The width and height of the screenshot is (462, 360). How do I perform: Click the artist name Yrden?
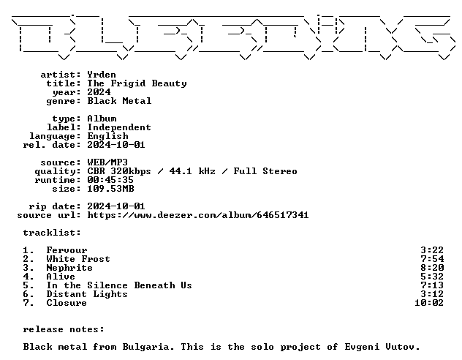pyautogui.click(x=102, y=75)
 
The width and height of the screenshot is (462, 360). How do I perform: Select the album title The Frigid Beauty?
pyautogui.click(x=137, y=83)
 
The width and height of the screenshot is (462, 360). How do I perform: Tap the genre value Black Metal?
pyautogui.click(x=119, y=101)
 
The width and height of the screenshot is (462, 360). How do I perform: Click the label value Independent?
pyautogui.click(x=119, y=127)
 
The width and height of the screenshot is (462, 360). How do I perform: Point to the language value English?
pyautogui.click(x=108, y=136)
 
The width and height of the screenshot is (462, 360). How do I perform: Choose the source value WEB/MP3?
pyautogui.click(x=107, y=162)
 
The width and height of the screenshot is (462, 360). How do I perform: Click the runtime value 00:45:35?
pyautogui.click(x=110, y=180)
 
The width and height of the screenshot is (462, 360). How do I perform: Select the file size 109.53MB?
pyautogui.click(x=110, y=189)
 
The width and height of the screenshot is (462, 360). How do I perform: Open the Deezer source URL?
pyautogui.click(x=198, y=215)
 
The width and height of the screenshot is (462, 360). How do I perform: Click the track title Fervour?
pyautogui.click(x=67, y=250)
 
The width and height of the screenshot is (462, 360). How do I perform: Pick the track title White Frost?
pyautogui.click(x=78, y=259)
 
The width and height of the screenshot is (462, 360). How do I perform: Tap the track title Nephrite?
pyautogui.click(x=69, y=268)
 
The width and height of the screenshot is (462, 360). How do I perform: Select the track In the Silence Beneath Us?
pyautogui.click(x=119, y=285)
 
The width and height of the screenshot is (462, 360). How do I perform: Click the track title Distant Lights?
pyautogui.click(x=87, y=294)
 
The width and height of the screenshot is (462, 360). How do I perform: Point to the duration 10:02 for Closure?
pyautogui.click(x=429, y=303)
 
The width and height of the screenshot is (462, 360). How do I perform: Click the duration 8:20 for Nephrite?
pyautogui.click(x=432, y=268)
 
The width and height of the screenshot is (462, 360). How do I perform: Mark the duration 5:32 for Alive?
pyautogui.click(x=432, y=277)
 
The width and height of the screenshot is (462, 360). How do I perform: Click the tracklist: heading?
pyautogui.click(x=52, y=233)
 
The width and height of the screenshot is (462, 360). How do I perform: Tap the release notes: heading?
pyautogui.click(x=64, y=329)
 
